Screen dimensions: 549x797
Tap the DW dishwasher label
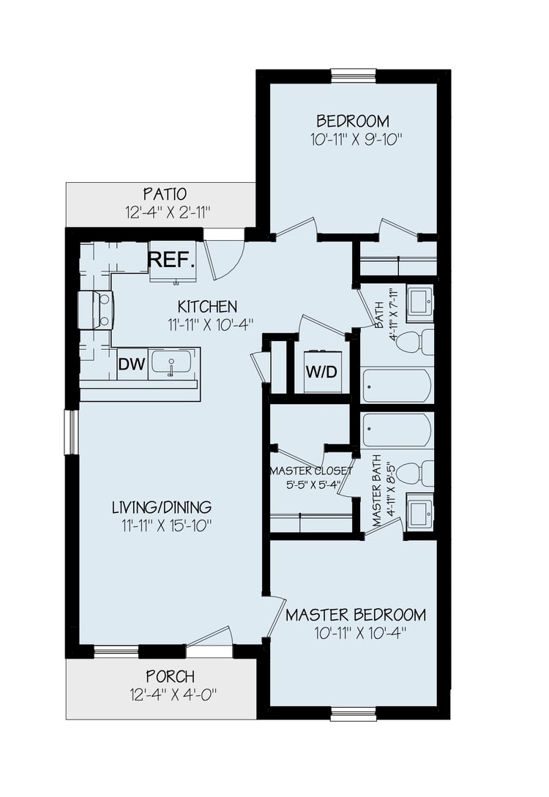tap(132, 364)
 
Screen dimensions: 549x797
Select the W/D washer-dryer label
tap(321, 372)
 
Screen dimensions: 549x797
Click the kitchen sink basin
tap(171, 363)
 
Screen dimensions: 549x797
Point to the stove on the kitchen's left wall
tap(96, 310)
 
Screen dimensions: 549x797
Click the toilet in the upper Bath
tap(415, 342)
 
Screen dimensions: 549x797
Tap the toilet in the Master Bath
tap(415, 473)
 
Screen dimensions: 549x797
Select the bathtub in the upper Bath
tap(397, 385)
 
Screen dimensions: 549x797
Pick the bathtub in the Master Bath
tap(397, 430)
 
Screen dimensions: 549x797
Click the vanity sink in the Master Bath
tap(420, 515)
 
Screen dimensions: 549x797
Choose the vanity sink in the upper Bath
tap(420, 302)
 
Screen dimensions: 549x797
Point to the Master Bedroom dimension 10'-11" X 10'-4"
tap(355, 633)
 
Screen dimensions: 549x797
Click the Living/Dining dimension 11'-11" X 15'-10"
tap(165, 525)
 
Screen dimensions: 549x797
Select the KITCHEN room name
tap(207, 307)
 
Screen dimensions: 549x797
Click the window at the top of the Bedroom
tap(354, 75)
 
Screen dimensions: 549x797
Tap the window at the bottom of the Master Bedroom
tap(354, 714)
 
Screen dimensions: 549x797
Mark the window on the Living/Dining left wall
tap(72, 432)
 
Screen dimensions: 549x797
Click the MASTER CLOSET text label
tap(311, 471)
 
